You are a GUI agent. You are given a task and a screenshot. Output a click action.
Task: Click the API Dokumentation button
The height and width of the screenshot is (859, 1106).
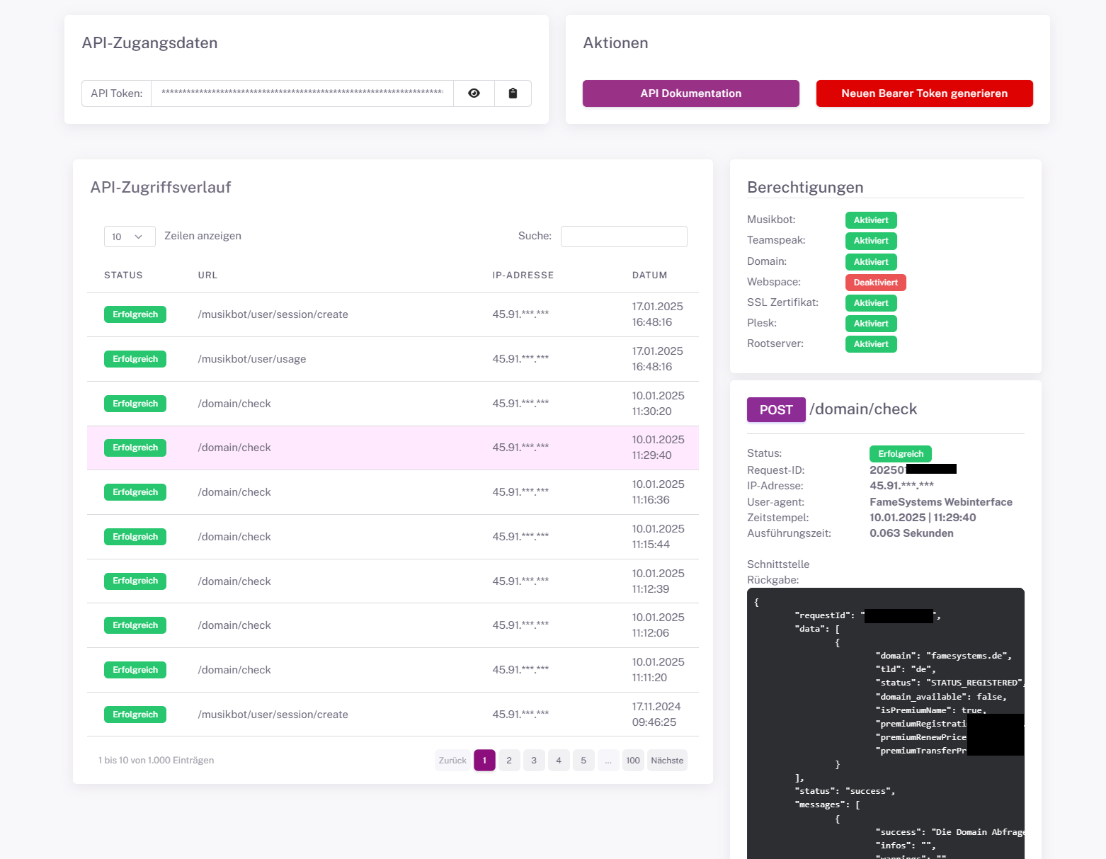pos(690,93)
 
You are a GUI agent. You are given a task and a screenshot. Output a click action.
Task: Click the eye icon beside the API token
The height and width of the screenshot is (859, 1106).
pos(474,93)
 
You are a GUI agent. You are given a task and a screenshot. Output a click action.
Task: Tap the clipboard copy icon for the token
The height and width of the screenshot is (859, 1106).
pos(513,93)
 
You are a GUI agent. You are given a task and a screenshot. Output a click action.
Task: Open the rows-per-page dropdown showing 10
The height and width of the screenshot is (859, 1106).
pos(129,237)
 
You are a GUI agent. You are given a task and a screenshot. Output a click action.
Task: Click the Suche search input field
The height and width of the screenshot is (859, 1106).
pos(623,237)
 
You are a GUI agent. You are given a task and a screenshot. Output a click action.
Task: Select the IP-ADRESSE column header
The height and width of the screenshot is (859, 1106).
pos(523,275)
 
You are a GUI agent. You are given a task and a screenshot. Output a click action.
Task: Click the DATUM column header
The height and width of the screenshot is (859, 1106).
pos(649,275)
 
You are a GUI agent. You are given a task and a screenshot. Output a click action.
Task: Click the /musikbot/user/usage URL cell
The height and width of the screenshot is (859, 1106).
pos(252,359)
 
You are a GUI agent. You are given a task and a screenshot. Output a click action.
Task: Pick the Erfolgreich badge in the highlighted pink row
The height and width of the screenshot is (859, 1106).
pos(135,448)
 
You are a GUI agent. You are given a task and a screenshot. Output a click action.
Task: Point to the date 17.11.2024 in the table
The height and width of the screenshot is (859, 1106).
pos(656,707)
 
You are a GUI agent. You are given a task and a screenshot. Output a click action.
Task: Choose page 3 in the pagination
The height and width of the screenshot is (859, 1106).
pos(534,761)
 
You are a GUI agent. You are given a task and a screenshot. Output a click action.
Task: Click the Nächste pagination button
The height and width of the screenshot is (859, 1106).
pos(667,761)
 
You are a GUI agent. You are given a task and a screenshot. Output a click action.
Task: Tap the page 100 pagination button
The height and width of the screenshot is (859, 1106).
pos(633,761)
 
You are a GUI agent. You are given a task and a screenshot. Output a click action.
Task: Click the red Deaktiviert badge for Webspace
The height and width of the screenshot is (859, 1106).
pos(875,283)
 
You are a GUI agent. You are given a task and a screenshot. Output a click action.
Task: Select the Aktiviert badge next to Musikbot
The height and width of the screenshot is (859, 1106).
pos(871,220)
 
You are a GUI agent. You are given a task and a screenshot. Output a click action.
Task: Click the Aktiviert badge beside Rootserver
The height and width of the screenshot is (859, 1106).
pos(871,344)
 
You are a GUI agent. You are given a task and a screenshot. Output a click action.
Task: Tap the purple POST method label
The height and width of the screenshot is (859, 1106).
pos(776,410)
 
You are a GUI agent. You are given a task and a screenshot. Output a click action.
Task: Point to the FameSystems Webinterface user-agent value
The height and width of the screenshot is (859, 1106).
pos(940,502)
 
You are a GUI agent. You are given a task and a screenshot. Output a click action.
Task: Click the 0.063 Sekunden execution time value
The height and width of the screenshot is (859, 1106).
pos(911,533)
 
